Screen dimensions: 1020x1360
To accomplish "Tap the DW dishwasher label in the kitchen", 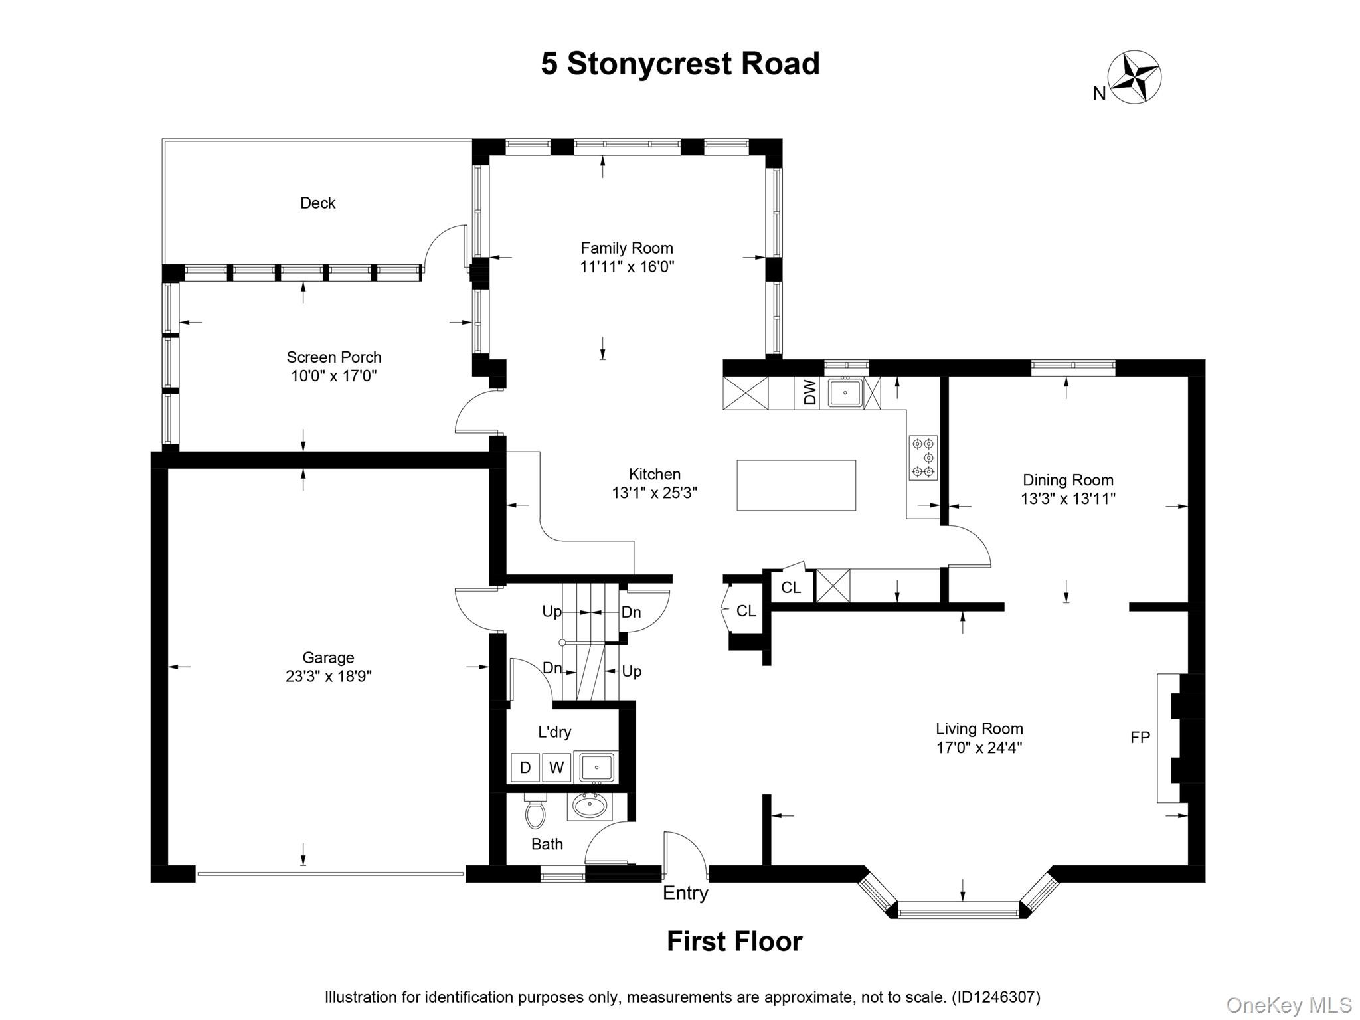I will coord(809,392).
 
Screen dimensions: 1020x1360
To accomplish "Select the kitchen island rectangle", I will coord(796,485).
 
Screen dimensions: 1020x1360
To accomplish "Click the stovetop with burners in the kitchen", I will coord(923,458).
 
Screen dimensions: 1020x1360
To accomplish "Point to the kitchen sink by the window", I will coord(845,392).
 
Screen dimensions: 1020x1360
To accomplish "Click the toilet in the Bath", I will coord(535,811).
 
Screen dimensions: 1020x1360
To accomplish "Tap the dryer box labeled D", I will coord(525,768).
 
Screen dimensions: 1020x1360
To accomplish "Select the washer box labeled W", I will coord(556,768).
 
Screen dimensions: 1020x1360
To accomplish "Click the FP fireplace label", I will coord(1140,737).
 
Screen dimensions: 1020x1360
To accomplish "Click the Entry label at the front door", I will coord(685,893).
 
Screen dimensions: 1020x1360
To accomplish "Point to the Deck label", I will coord(317,203).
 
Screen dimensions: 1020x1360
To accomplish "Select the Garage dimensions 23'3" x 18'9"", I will coord(328,676).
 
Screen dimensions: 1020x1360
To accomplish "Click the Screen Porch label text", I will coord(333,357).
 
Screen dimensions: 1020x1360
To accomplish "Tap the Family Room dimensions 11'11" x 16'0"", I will coord(627,267).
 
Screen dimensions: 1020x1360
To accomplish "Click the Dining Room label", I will coord(1068,480).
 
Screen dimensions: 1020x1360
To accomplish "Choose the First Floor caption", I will coord(734,942).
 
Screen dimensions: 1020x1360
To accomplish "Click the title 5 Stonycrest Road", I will coord(680,64).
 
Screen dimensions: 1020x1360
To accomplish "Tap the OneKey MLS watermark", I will coord(1288,1005).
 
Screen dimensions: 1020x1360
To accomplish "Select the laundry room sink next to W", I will coord(596,768).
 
